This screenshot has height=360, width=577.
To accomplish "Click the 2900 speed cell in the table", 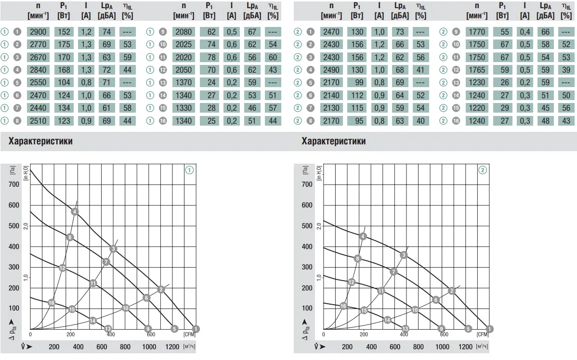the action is [x=38, y=32].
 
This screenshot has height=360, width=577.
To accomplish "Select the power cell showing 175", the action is [x=64, y=44].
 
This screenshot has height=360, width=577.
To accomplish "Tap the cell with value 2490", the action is [x=331, y=70].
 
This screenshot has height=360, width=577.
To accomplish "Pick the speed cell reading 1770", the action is [x=477, y=32].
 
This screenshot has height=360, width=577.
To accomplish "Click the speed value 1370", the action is [x=184, y=83].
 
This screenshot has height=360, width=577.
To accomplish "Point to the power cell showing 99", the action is [x=357, y=83].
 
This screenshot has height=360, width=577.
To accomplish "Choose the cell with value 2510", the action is [x=38, y=121].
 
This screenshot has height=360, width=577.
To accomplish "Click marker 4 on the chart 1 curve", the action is [x=75, y=212].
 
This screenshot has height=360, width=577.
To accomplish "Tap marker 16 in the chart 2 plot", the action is [x=343, y=306].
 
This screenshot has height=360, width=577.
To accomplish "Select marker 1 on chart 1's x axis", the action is [x=196, y=329].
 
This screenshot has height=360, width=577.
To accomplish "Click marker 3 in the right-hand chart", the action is [x=404, y=255].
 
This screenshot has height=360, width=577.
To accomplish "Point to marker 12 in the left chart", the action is [x=62, y=268].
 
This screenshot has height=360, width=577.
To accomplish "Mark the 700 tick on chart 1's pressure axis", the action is [x=14, y=185].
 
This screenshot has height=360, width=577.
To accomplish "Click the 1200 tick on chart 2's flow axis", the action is [x=465, y=347].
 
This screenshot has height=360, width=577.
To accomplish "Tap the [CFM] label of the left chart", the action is [x=189, y=334].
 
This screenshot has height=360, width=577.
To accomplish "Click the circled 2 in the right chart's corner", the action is [x=483, y=170].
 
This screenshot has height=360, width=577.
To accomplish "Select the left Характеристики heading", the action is [x=40, y=141].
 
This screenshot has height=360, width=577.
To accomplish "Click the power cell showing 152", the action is [x=64, y=32].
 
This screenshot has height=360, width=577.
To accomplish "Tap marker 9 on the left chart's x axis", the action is [x=148, y=329].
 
